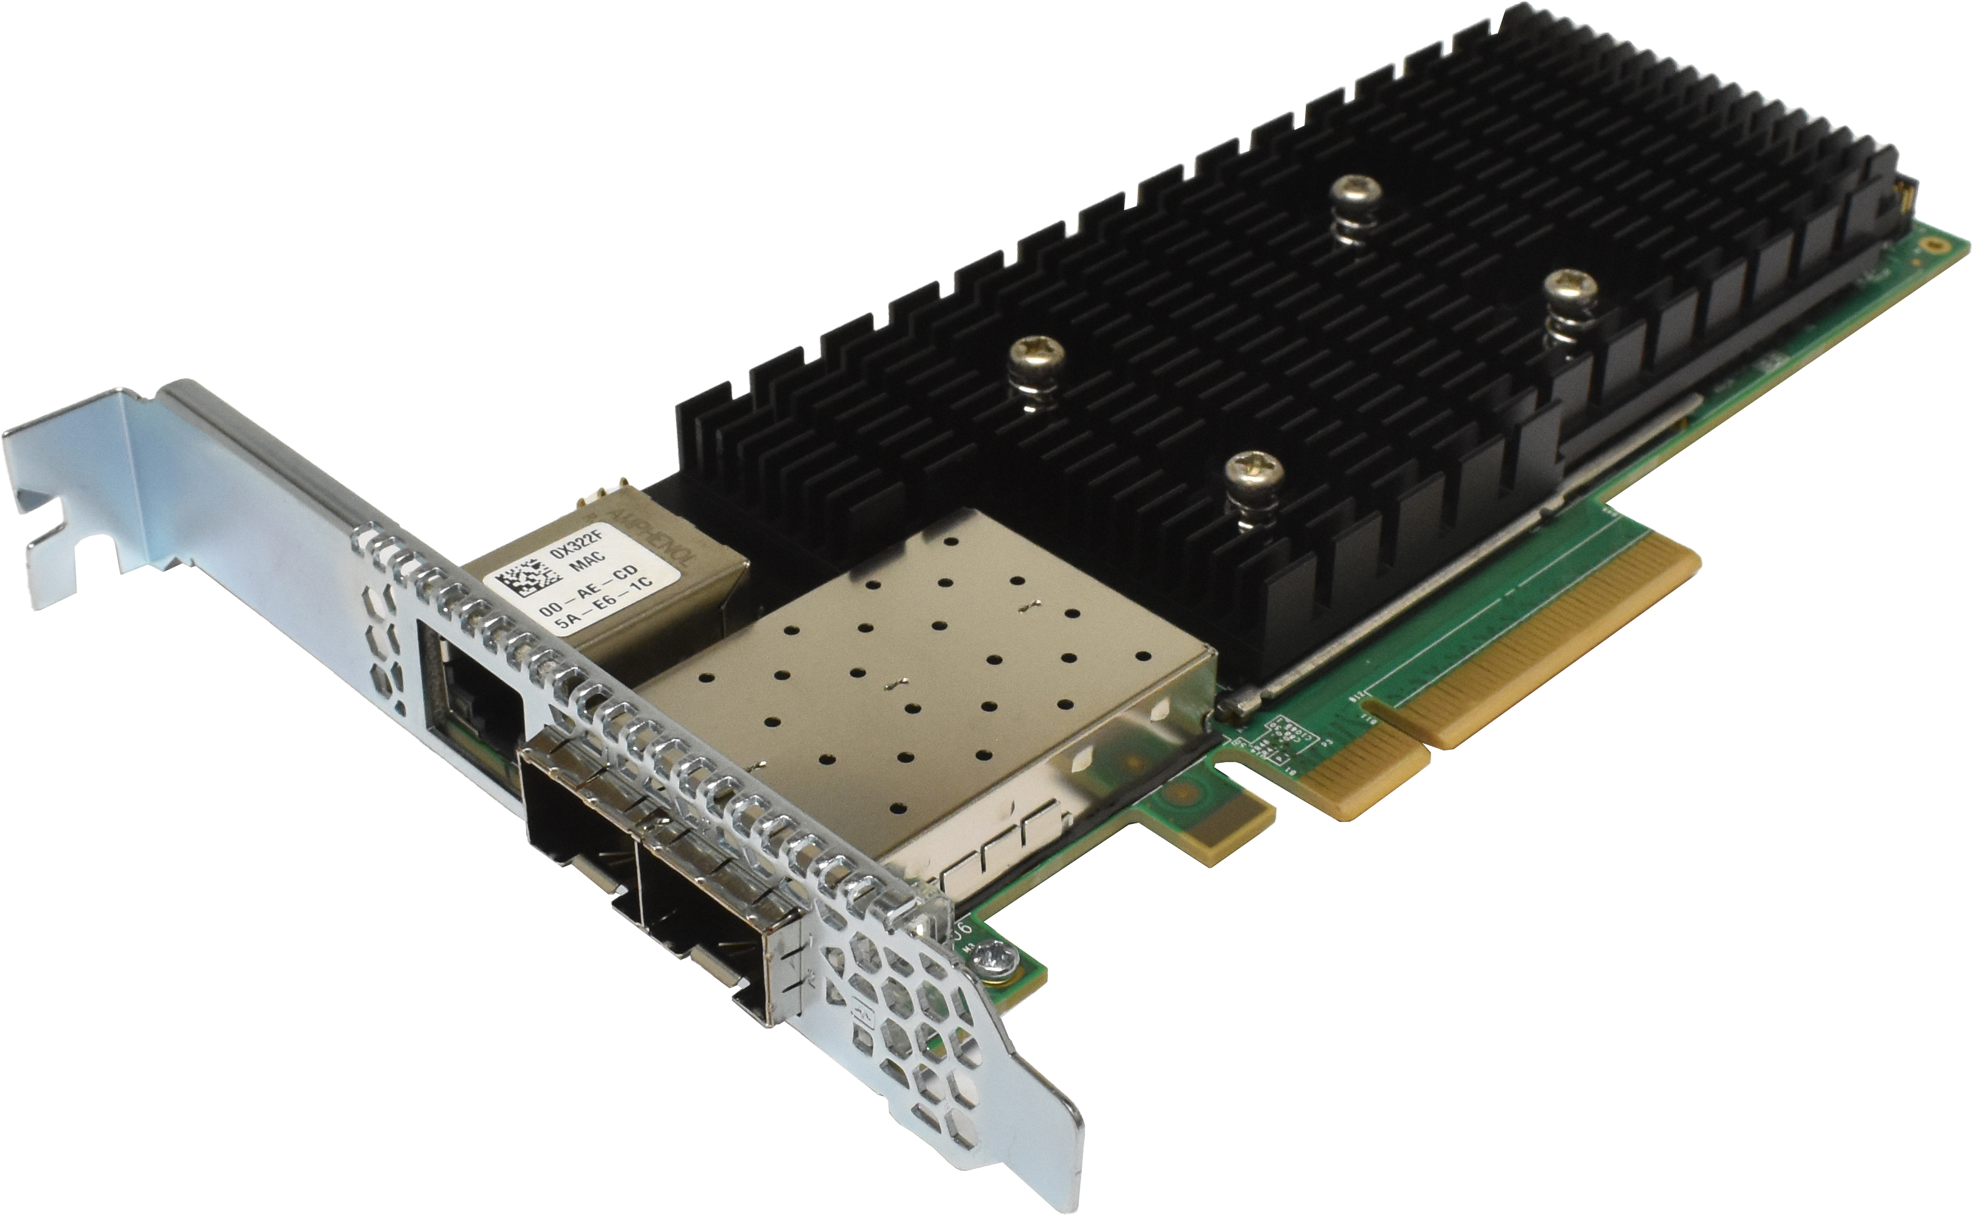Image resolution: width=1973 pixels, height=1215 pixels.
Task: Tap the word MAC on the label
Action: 588,562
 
